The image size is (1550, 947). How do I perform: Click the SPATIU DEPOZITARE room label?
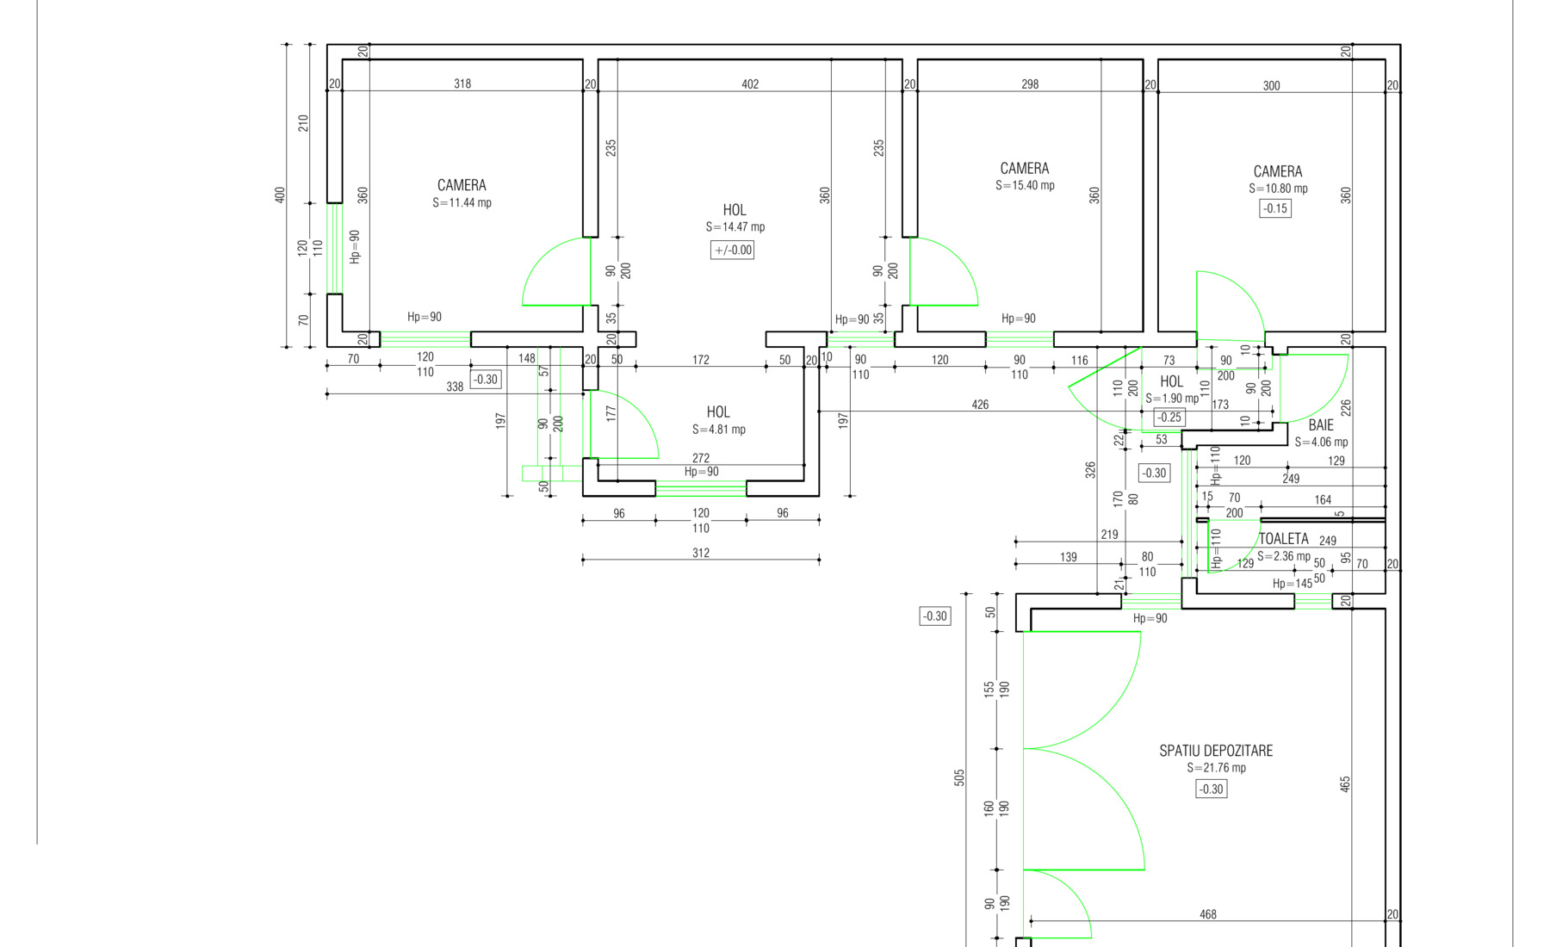click(1216, 751)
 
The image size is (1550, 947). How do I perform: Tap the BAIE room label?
click(1321, 425)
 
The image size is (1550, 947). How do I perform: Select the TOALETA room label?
click(1284, 539)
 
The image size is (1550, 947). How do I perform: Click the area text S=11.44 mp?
click(462, 203)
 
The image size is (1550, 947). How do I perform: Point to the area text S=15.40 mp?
click(1025, 185)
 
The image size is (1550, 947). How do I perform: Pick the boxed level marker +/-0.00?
click(733, 251)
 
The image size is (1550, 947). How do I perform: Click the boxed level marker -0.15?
click(1275, 208)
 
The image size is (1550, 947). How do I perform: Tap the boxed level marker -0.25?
click(1169, 418)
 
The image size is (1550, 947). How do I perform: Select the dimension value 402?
click(750, 84)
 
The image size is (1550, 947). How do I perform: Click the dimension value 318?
click(462, 84)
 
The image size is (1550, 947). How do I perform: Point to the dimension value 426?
click(980, 405)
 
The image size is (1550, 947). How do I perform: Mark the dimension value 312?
click(701, 553)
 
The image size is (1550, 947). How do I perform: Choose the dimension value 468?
click(1208, 914)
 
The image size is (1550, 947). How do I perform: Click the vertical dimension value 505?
click(959, 777)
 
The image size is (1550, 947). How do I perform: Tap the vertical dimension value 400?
click(280, 195)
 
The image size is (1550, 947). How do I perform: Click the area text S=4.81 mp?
click(719, 430)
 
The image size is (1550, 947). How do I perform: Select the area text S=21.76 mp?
click(1217, 768)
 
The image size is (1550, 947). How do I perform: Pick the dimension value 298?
click(1030, 84)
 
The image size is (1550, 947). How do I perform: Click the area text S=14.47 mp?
click(735, 227)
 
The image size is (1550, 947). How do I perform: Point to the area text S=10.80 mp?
click(1278, 189)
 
